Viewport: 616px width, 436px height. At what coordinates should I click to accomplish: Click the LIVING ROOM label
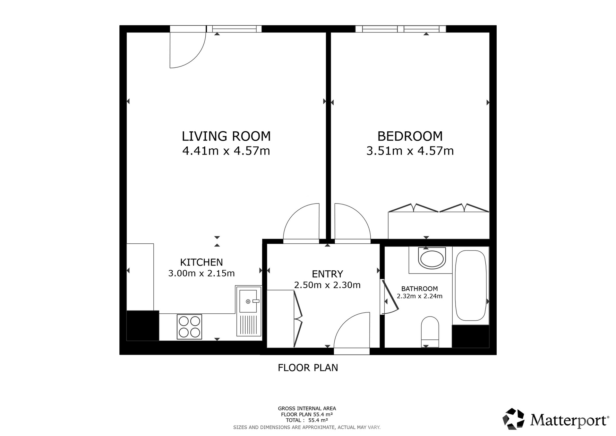point(226,136)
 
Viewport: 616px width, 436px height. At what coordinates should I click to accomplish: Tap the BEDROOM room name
point(410,136)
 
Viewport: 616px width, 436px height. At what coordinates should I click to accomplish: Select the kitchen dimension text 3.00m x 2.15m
point(201,273)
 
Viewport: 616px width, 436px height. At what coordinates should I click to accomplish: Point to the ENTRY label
point(328,274)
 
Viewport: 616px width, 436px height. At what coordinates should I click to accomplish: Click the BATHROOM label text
point(419,289)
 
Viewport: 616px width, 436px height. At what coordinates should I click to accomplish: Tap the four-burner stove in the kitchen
point(189,327)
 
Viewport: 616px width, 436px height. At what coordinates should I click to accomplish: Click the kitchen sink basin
point(248,301)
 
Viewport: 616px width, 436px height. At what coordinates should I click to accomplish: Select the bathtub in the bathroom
point(471,285)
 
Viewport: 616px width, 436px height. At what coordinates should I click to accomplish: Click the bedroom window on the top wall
point(401,29)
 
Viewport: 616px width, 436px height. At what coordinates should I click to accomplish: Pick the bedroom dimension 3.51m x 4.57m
point(410,151)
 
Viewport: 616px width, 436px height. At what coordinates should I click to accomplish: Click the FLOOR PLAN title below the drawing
point(308,368)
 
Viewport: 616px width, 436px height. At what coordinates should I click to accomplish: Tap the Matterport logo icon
point(513,419)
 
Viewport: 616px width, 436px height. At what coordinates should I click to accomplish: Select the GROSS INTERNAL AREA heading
point(307,408)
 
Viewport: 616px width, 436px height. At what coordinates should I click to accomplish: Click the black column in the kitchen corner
point(143,326)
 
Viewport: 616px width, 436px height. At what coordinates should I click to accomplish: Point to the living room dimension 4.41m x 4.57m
point(226,151)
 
